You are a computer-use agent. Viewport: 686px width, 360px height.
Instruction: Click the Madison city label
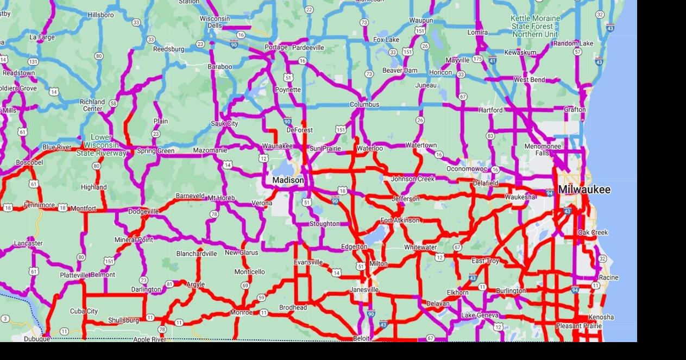(x=288, y=180)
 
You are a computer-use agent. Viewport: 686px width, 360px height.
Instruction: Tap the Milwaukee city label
(x=584, y=190)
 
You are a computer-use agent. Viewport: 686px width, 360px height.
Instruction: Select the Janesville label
(x=364, y=290)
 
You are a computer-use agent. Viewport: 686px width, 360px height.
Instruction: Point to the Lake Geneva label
(x=480, y=315)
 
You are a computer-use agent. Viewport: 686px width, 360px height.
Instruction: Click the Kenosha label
(x=601, y=317)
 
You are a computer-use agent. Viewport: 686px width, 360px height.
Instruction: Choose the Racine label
(x=608, y=277)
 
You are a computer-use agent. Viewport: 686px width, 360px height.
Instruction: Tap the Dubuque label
(x=37, y=339)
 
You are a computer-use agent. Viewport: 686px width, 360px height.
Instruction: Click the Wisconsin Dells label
(x=215, y=22)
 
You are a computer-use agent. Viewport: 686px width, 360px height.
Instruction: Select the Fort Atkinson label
(x=400, y=220)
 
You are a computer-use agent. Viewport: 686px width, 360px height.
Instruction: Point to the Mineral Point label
(x=134, y=239)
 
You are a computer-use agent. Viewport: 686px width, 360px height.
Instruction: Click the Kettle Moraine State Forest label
(x=535, y=26)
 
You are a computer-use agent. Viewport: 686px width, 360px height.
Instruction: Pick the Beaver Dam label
(x=400, y=71)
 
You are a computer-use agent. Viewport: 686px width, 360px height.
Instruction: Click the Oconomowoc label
(x=467, y=169)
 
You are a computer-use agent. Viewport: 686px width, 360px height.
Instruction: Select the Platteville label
(x=74, y=275)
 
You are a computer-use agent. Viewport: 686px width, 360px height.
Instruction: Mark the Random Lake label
(x=573, y=43)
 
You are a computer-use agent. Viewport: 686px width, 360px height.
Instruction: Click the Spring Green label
(x=155, y=151)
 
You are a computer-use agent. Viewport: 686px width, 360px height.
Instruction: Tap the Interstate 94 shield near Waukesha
(x=549, y=192)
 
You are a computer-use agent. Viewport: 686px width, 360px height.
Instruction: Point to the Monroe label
(x=241, y=313)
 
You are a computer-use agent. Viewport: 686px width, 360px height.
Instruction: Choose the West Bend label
(x=529, y=80)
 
